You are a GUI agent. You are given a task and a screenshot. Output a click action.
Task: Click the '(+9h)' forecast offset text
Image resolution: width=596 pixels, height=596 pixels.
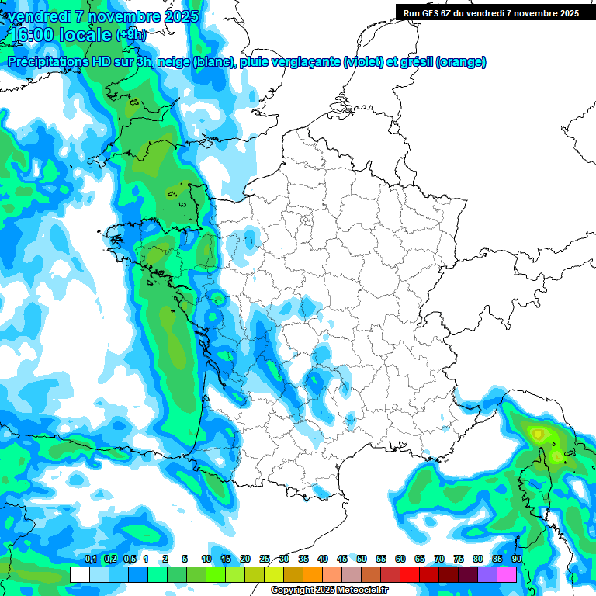tap(130, 35)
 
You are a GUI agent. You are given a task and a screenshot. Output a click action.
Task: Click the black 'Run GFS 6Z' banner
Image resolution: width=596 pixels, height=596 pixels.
tap(490, 12)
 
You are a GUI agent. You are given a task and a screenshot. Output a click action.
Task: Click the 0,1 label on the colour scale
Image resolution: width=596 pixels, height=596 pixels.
tap(90, 559)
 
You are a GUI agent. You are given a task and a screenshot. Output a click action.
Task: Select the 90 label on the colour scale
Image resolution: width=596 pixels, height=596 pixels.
tap(516, 559)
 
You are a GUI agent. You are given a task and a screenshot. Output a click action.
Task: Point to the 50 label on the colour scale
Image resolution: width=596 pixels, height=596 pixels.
tap(362, 559)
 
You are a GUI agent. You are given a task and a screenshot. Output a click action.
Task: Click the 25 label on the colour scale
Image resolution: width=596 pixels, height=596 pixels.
tap(265, 559)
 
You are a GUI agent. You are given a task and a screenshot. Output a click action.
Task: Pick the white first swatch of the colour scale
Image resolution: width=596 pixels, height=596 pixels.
tap(79, 575)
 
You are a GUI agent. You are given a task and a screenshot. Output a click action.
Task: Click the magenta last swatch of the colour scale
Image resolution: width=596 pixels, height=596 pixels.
tap(507, 575)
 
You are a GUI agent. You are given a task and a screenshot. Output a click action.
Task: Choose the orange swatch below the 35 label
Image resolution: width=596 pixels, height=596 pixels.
tap(313, 575)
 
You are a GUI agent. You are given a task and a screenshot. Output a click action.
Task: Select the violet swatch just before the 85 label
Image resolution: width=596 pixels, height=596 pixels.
tap(487, 575)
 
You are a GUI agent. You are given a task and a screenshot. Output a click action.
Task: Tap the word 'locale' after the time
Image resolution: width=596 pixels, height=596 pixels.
tap(85, 35)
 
